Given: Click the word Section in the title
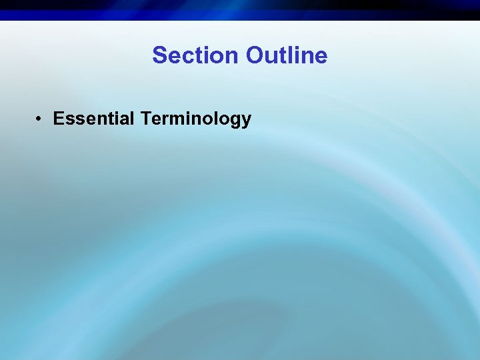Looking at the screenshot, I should click(x=196, y=55).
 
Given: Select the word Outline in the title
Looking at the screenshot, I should click(x=287, y=55).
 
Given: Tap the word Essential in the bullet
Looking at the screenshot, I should click(x=94, y=119).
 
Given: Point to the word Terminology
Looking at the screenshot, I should click(x=196, y=120).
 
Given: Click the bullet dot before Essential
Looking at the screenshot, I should click(x=41, y=119).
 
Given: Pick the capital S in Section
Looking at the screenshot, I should click(x=159, y=55).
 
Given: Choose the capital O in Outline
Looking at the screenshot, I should click(x=255, y=55).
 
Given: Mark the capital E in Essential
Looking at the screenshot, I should click(x=59, y=119).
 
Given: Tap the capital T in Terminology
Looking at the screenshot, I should click(x=146, y=119).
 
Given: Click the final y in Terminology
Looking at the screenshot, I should click(x=246, y=121).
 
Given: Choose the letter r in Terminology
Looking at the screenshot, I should click(x=166, y=120).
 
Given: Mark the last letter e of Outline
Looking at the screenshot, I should click(x=321, y=56).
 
